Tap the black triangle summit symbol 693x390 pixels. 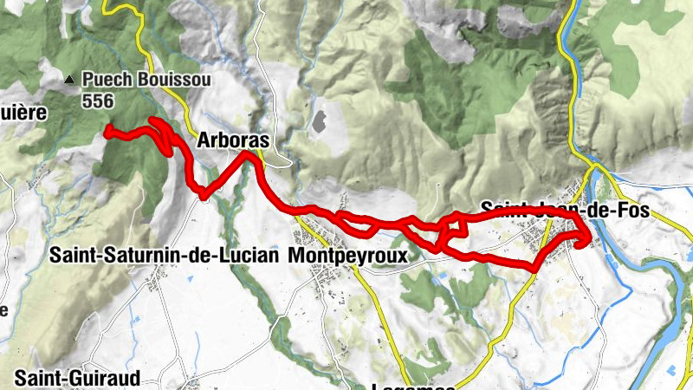[x=69, y=80]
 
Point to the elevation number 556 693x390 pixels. [x=98, y=101]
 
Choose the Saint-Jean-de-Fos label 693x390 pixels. [x=563, y=208]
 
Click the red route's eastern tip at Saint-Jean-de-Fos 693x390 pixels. [x=588, y=237]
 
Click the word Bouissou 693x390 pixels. [x=165, y=80]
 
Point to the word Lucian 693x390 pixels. [x=251, y=256]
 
